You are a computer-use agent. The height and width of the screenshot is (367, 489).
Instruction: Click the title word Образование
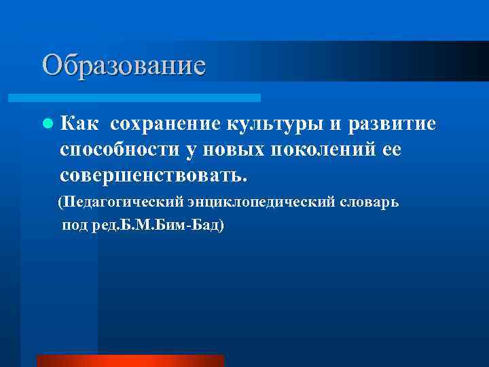[x=123, y=65]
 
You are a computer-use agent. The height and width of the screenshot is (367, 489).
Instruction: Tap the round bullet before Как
[x=47, y=125]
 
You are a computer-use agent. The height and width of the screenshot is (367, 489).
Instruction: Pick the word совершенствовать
[x=149, y=175]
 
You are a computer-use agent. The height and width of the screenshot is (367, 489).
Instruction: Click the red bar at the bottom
[x=130, y=360]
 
